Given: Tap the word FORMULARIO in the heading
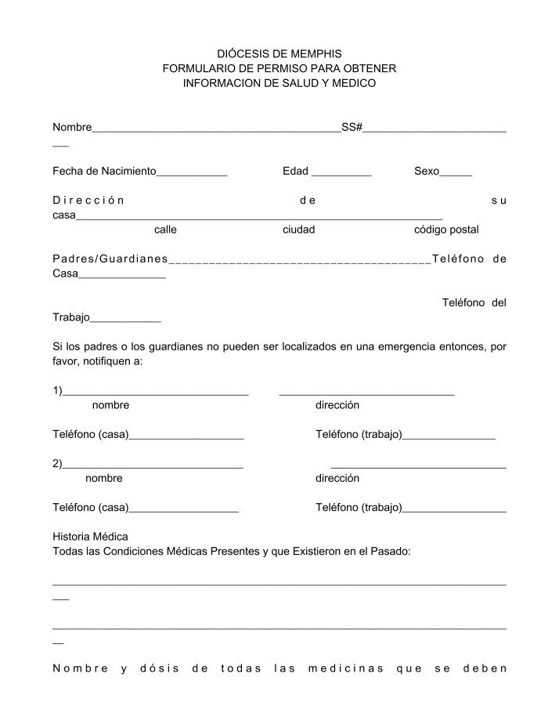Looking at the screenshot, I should click(x=201, y=68).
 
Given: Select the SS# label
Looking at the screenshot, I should click(x=352, y=127).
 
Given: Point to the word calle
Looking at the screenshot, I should click(x=165, y=230).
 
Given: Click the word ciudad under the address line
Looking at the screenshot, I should click(x=298, y=230).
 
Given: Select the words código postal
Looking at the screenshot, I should click(x=446, y=230).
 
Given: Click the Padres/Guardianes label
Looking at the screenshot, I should click(x=110, y=259).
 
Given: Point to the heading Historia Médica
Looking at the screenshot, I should click(x=90, y=537).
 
